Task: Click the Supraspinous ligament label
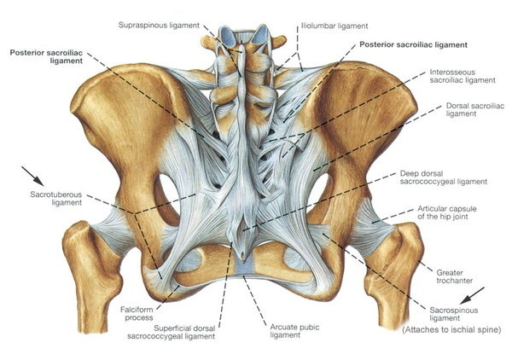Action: (159, 25)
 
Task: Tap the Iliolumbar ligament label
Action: (335, 26)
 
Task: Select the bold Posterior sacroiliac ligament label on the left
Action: (46, 57)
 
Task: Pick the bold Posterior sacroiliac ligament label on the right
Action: (413, 44)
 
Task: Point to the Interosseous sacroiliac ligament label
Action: (463, 76)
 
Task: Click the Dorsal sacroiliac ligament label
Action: (475, 110)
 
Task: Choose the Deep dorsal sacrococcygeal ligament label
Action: (444, 177)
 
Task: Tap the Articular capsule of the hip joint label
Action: (446, 212)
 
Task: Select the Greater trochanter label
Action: (454, 276)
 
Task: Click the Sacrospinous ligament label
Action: (454, 314)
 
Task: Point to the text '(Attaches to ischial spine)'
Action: (451, 329)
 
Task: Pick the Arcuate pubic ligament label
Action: (294, 331)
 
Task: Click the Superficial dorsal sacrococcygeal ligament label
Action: (172, 332)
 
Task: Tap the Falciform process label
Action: (137, 313)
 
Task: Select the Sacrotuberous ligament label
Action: (55, 199)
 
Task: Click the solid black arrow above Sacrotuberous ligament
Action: (32, 177)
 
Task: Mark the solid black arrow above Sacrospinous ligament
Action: (472, 295)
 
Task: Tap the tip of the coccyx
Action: (242, 260)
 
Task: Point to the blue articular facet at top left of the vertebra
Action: (225, 35)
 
